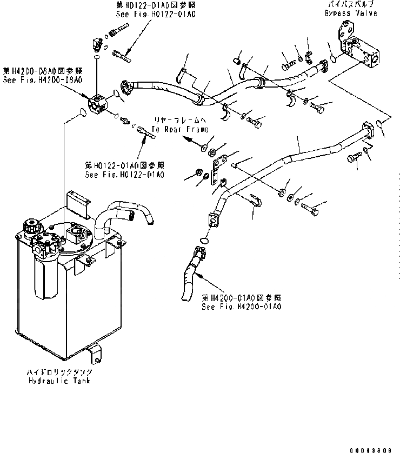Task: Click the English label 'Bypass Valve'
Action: pyautogui.click(x=351, y=12)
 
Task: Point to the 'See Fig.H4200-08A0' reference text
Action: pyautogui.click(x=42, y=79)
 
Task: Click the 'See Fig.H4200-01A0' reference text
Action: pyautogui.click(x=241, y=307)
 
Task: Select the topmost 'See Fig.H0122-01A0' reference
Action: pyautogui.click(x=156, y=14)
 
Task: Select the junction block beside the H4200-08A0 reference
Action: pyautogui.click(x=97, y=104)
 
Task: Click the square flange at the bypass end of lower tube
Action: pyautogui.click(x=369, y=131)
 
